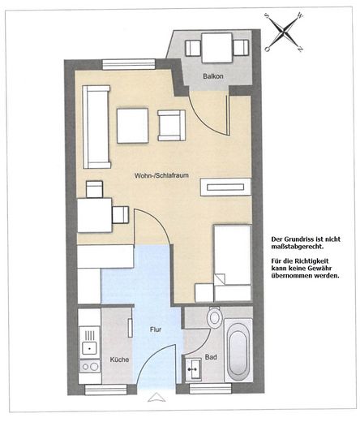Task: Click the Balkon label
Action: (x=213, y=76)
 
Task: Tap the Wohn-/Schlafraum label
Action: (x=161, y=175)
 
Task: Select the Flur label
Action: (x=156, y=329)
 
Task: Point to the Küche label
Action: (x=119, y=360)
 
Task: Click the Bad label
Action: (x=211, y=357)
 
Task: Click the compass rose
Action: (x=285, y=32)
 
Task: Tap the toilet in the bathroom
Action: (x=215, y=317)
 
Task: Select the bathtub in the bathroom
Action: (x=238, y=351)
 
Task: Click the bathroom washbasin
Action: (x=193, y=369)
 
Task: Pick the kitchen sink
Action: (x=89, y=342)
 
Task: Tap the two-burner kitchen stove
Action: (x=90, y=367)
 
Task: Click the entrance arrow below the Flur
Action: (x=156, y=397)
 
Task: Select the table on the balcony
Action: (x=216, y=48)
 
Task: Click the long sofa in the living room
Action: (x=96, y=127)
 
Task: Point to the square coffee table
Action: (x=133, y=126)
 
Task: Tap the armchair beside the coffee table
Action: (x=172, y=126)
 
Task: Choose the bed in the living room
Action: (x=233, y=263)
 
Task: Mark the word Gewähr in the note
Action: (x=321, y=269)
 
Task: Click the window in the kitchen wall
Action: (x=105, y=390)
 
